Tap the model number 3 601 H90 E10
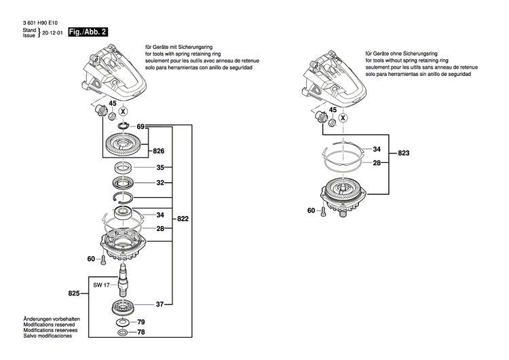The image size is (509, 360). click(x=42, y=22)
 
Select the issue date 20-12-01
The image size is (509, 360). click(x=52, y=33)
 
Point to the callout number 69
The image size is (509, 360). click(x=140, y=126)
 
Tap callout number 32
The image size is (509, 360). click(x=160, y=183)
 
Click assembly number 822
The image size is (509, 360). click(x=183, y=219)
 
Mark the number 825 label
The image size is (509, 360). click(x=75, y=293)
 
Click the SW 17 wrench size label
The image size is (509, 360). click(x=102, y=285)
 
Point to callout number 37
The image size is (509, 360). click(x=160, y=304)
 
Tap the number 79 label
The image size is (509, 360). click(x=141, y=322)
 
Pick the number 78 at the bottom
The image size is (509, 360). click(x=141, y=334)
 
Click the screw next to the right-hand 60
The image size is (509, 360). click(x=324, y=212)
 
